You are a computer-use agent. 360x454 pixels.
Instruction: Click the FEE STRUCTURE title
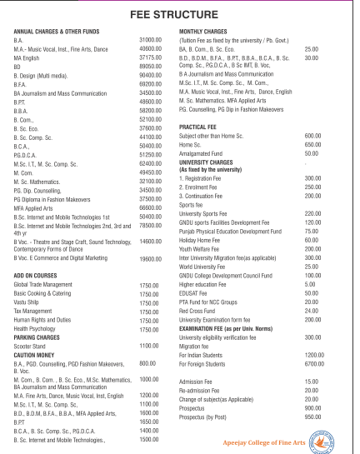pos(180,16)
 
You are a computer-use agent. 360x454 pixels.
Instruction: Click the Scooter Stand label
pos(31,345)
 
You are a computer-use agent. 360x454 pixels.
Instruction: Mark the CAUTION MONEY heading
pos(34,355)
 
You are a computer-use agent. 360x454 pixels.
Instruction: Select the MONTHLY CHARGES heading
pos(204,32)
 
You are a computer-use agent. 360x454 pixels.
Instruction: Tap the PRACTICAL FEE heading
pos(199,127)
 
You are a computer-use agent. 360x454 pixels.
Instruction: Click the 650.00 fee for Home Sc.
pos(312,144)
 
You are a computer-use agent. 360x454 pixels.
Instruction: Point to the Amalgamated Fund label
pos(203,153)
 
